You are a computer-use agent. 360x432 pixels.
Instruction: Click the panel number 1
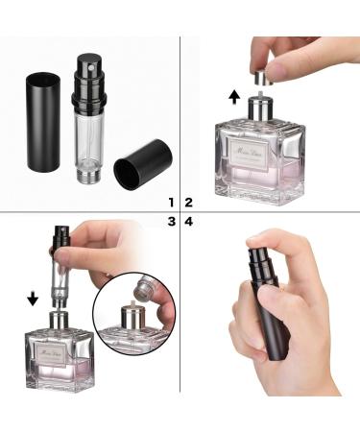[171, 203]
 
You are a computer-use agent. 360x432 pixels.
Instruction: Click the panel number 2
[189, 203]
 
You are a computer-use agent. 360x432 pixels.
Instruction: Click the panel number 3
[171, 222]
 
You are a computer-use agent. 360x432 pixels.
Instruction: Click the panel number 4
[189, 222]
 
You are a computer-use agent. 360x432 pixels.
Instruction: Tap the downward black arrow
[33, 297]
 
